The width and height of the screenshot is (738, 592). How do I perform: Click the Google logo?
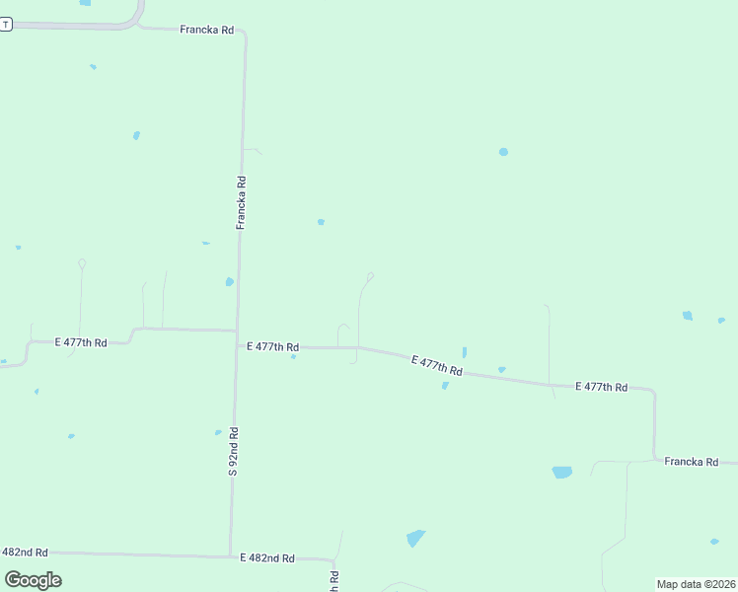click(34, 579)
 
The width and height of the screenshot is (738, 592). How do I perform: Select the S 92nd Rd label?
click(234, 451)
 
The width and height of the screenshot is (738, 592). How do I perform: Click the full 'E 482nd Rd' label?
click(267, 557)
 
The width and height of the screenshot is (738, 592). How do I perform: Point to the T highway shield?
click(5, 25)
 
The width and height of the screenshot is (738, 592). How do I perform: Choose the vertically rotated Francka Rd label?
click(241, 202)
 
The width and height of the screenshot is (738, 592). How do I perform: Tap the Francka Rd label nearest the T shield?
click(206, 31)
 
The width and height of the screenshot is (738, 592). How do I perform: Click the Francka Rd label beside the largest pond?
click(691, 461)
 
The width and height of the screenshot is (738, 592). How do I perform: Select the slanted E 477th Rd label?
click(437, 365)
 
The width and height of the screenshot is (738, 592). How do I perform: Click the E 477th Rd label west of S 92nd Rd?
click(80, 342)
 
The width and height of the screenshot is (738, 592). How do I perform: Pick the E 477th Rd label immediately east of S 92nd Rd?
click(271, 346)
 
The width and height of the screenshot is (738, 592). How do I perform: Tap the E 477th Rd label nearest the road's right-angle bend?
click(600, 387)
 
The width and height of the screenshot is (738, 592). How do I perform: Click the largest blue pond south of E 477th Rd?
click(561, 473)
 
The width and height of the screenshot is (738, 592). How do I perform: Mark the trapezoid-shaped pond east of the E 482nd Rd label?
click(415, 538)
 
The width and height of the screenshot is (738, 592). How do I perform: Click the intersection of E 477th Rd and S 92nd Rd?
click(236, 332)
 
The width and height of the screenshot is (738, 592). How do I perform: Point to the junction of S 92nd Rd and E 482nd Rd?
click(231, 555)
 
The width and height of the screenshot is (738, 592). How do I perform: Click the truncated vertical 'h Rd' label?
click(334, 581)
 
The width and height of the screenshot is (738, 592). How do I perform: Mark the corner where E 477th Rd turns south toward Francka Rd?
click(653, 392)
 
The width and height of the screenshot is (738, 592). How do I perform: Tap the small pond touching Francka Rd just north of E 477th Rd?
click(230, 281)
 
